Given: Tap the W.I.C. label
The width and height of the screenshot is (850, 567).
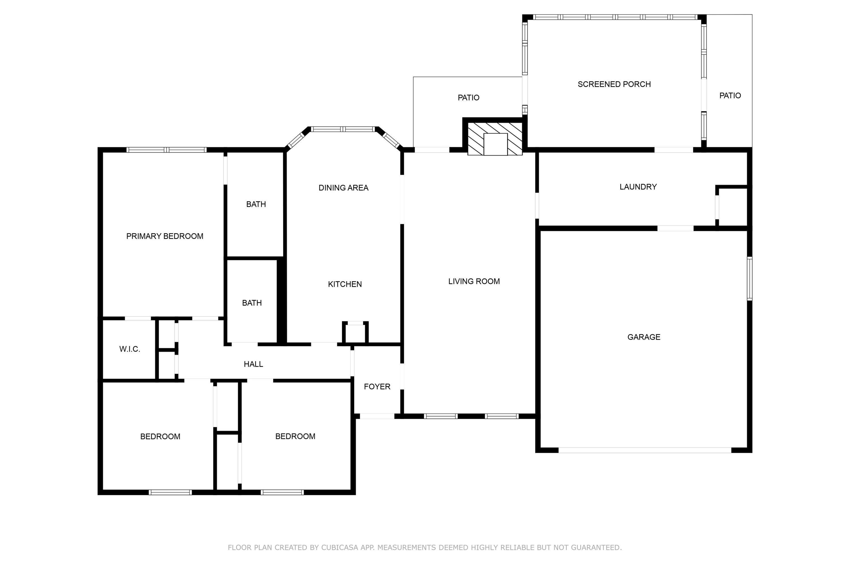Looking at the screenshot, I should click(x=129, y=349).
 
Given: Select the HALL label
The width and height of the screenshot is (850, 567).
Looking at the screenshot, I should click(x=253, y=364).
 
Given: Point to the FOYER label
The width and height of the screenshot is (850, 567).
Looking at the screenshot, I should click(x=377, y=387).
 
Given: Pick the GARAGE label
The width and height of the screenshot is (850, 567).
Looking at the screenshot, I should click(x=644, y=337).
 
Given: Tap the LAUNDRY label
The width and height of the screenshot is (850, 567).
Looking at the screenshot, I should click(x=638, y=187).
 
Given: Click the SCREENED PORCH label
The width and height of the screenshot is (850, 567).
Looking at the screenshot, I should click(x=614, y=84).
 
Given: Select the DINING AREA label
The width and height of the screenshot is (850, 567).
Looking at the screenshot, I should click(x=343, y=188).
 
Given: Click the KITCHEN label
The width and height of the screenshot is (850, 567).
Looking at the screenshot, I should click(x=345, y=284).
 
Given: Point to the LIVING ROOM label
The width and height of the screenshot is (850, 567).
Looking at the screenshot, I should click(x=474, y=281).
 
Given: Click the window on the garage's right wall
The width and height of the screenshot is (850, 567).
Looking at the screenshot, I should click(x=749, y=278).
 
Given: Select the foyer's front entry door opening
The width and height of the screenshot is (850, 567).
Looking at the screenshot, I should click(x=377, y=416).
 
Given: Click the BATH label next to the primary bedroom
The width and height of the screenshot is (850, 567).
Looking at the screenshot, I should click(x=256, y=204).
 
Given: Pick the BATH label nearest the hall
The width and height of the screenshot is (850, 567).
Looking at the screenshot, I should click(x=252, y=303).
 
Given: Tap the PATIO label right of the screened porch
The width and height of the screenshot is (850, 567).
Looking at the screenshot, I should click(x=730, y=96).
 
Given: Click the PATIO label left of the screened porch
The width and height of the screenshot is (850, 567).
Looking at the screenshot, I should click(x=468, y=98).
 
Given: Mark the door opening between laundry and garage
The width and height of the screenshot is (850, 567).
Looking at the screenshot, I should click(x=675, y=228).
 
